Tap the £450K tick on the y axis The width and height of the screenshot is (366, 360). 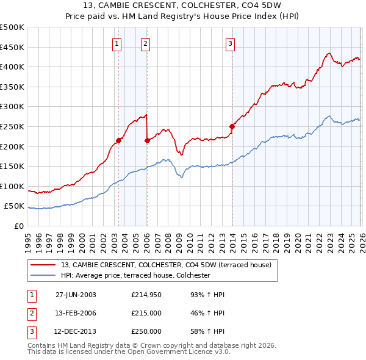coord(13,47)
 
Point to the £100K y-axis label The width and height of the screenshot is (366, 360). coord(13,186)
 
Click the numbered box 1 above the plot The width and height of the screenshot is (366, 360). coord(117,43)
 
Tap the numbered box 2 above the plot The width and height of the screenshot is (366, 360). coord(146,43)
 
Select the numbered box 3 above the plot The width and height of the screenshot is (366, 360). coord(230,43)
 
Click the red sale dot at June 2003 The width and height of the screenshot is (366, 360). coord(118,140)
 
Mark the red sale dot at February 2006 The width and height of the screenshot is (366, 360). coord(147,140)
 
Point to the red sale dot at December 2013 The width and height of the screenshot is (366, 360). coord(232,127)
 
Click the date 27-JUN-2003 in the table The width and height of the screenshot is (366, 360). coord(76,295)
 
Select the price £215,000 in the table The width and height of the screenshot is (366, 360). coord(146,313)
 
